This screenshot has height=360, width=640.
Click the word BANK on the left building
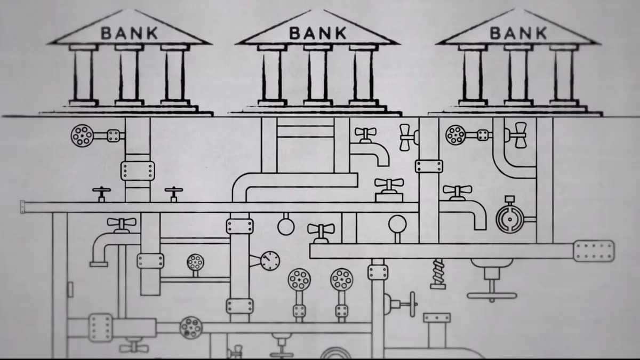tap(129, 33)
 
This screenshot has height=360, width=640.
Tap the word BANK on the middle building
tap(318, 33)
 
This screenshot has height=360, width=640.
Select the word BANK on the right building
tap(518, 33)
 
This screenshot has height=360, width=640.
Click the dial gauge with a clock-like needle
tap(270, 261)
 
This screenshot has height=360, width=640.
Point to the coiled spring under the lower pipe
tap(438, 274)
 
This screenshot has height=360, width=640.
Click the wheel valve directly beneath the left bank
tap(82, 135)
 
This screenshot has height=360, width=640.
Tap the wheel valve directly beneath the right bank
tap(455, 135)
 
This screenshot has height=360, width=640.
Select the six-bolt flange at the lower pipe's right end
tap(594, 251)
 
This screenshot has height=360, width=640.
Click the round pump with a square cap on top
tap(510, 219)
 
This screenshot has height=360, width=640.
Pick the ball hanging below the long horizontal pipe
tap(286, 227)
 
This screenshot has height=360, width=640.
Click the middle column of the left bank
tap(129, 75)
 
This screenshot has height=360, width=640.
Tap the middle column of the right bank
tap(518, 75)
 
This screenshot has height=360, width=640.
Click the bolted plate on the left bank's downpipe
tap(138, 171)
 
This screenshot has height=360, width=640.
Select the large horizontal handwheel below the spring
tap(492, 295)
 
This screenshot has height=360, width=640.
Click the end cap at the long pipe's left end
tap(22, 207)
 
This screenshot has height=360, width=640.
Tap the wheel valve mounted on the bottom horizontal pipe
tap(191, 327)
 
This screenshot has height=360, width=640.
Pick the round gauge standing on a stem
tap(397, 225)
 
